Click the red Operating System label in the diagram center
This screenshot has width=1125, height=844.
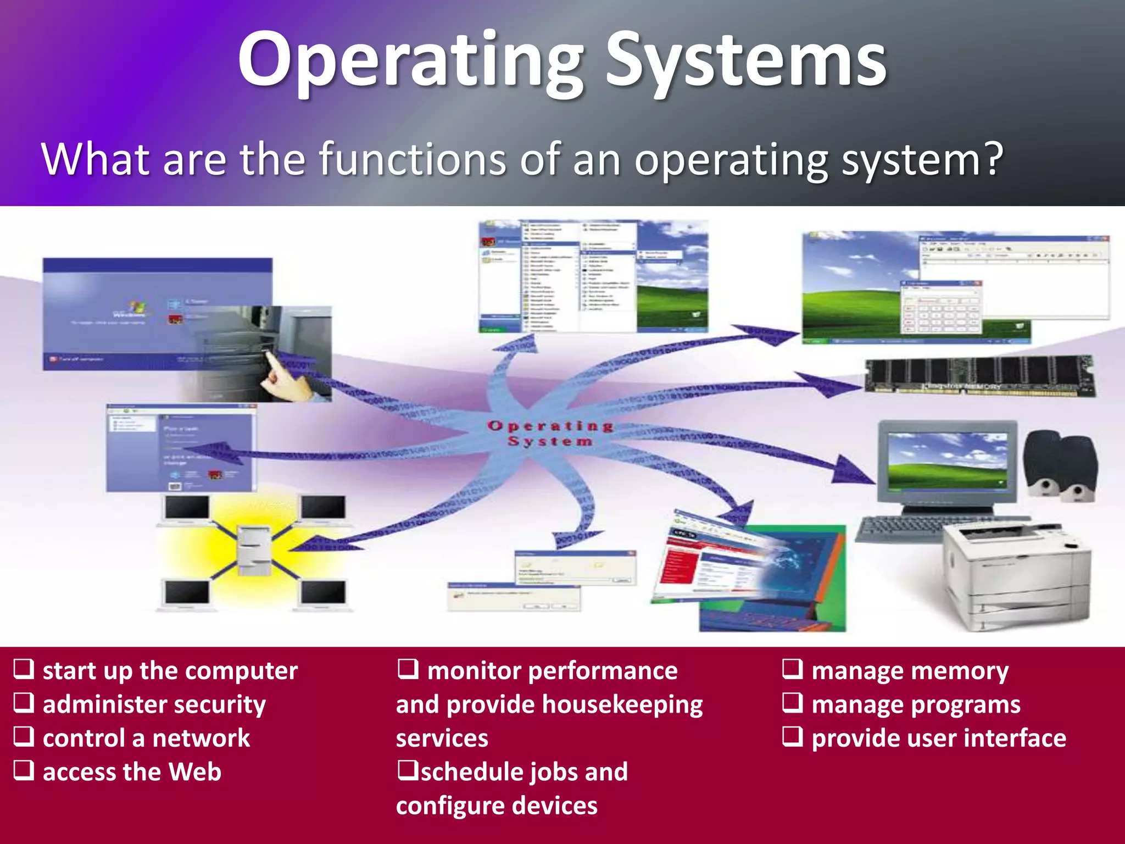(550, 433)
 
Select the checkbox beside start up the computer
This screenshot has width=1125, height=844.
(24, 669)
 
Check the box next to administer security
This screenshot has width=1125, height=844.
(24, 703)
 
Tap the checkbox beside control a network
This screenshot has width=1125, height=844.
(24, 737)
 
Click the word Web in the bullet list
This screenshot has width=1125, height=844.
(195, 771)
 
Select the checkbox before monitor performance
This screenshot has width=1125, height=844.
(408, 669)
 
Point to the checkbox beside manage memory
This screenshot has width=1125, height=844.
(793, 669)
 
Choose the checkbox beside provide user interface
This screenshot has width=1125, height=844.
(793, 737)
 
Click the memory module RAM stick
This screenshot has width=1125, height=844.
(978, 376)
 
